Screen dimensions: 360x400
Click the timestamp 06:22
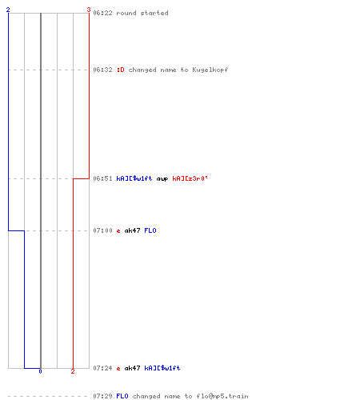pyautogui.click(x=102, y=13)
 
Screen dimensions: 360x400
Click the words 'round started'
pyautogui.click(x=142, y=13)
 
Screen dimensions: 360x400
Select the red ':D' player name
pyautogui.click(x=121, y=70)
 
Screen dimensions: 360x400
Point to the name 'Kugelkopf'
pyautogui.click(x=210, y=70)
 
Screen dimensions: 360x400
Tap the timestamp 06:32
pyautogui.click(x=102, y=70)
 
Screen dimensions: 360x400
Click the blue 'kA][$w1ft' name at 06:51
pyautogui.click(x=134, y=178)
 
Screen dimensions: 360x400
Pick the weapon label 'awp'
pyautogui.click(x=162, y=179)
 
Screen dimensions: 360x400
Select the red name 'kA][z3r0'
pyautogui.click(x=190, y=178)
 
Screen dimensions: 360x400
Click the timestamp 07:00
pyautogui.click(x=102, y=230)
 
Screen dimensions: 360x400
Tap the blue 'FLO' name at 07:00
pyautogui.click(x=150, y=230)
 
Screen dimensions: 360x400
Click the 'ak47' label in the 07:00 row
pyautogui.click(x=132, y=230)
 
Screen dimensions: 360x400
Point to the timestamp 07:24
pyautogui.click(x=102, y=368)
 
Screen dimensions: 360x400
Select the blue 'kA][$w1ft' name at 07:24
pyautogui.click(x=162, y=368)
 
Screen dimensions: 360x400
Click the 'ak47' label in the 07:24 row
pyautogui.click(x=132, y=368)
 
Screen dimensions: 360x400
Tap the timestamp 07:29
pyautogui.click(x=102, y=396)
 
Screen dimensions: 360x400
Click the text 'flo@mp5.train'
pyautogui.click(x=222, y=396)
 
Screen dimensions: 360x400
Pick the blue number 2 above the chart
pyautogui.click(x=8, y=10)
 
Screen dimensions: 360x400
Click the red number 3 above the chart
pyautogui.click(x=89, y=10)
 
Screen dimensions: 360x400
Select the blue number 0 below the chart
pyautogui.click(x=40, y=371)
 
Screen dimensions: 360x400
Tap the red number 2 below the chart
pyautogui.click(x=73, y=371)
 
